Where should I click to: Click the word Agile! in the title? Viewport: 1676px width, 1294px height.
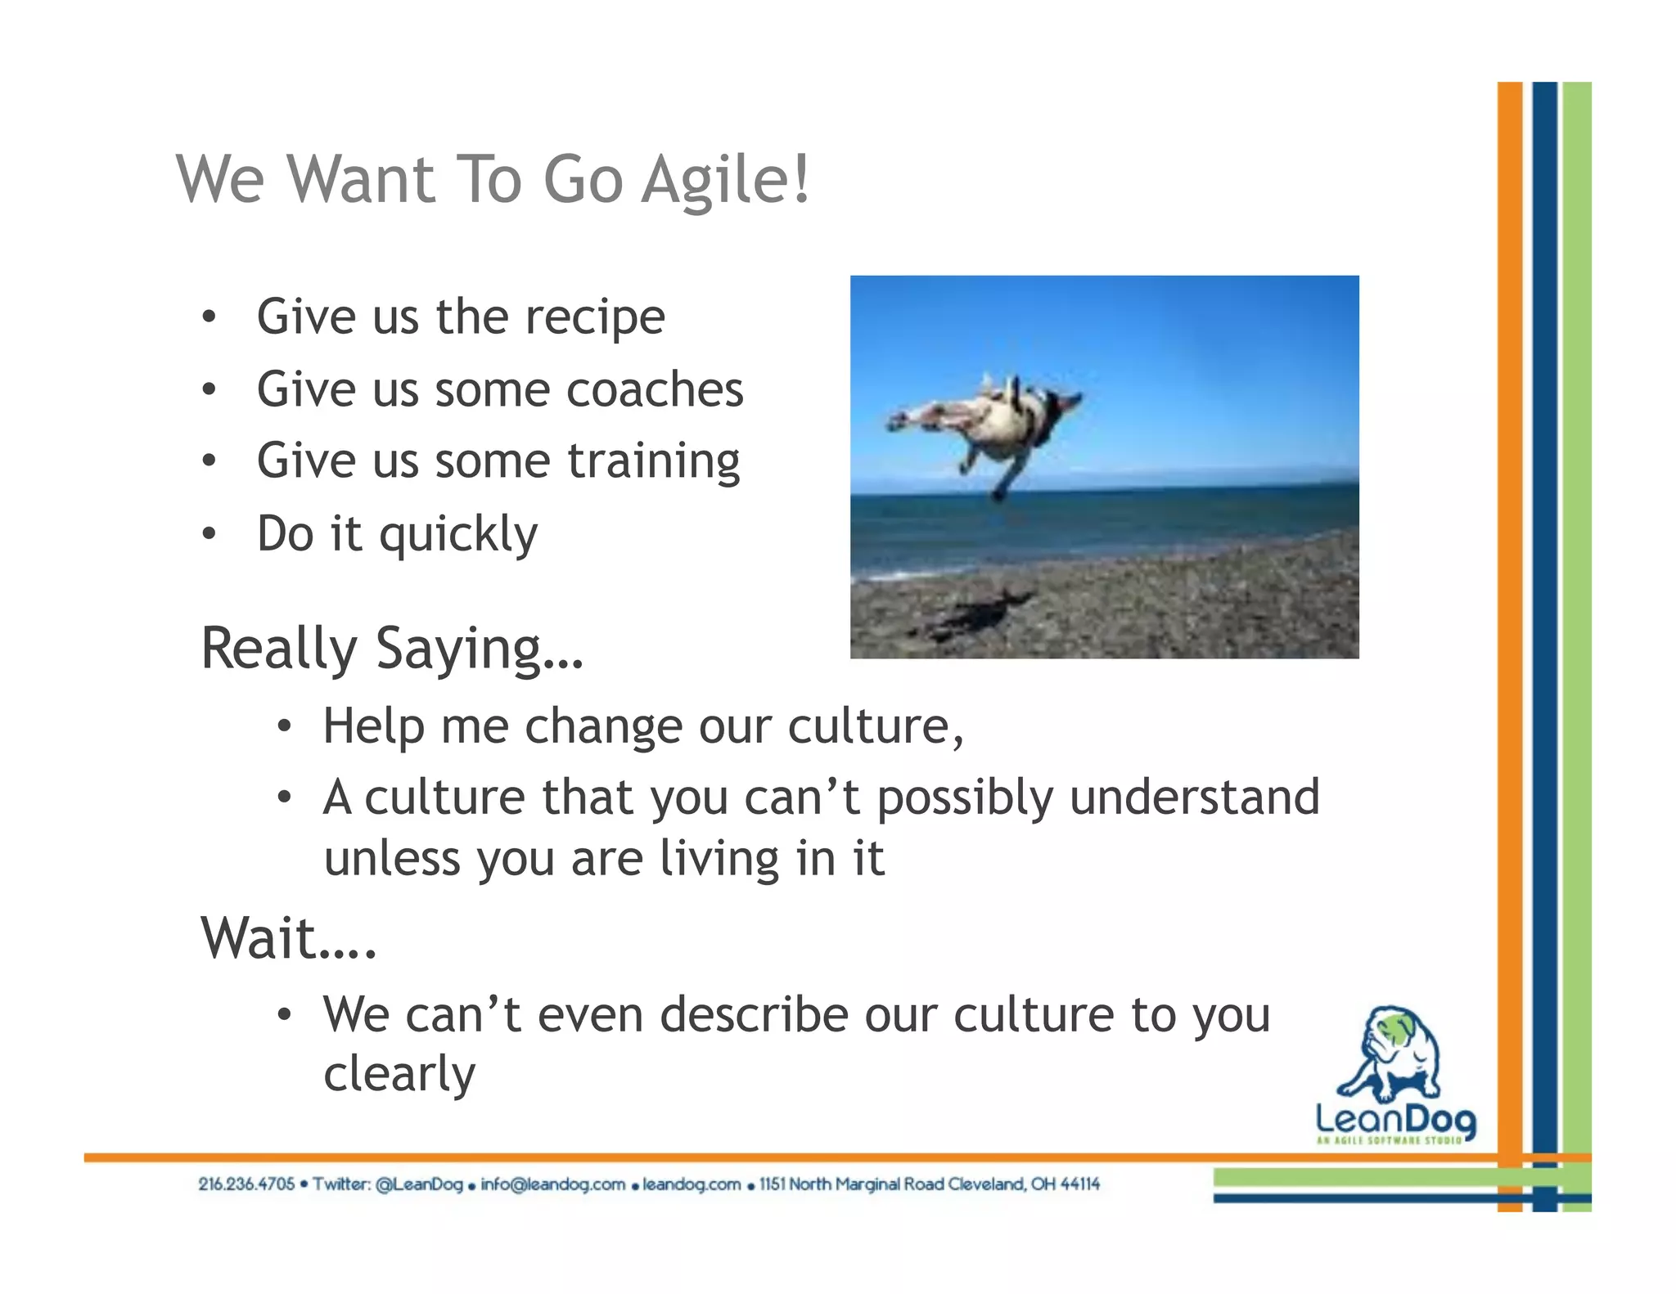click(x=725, y=180)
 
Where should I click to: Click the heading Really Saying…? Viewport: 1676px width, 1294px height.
click(x=392, y=649)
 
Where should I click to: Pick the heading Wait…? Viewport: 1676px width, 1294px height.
click(x=289, y=938)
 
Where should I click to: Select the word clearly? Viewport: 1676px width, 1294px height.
click(x=399, y=1074)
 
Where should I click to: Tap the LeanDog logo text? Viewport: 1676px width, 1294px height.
click(x=1395, y=1119)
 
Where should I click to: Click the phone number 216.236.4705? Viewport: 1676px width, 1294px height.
click(x=246, y=1184)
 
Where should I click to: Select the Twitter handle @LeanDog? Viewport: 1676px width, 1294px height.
click(x=419, y=1184)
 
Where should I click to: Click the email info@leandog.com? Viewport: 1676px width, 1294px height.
click(x=552, y=1184)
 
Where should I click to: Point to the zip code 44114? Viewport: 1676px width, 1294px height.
click(x=1079, y=1184)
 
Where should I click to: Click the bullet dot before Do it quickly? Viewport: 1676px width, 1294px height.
click(x=209, y=534)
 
